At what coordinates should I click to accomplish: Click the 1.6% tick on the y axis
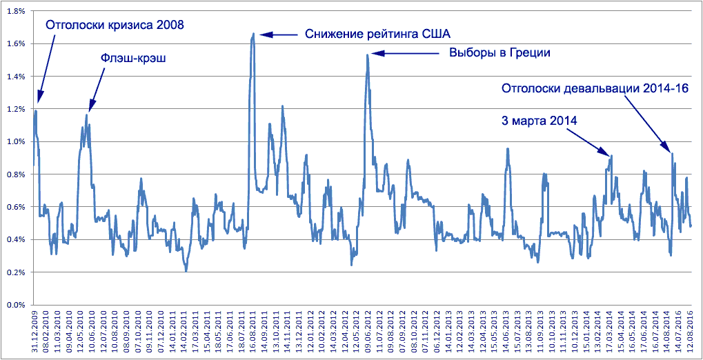[16, 43]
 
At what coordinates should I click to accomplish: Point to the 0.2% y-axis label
[16, 272]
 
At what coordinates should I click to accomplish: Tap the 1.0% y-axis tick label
[16, 141]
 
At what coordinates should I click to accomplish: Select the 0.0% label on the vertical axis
[16, 305]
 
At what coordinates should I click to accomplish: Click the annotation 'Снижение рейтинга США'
[377, 33]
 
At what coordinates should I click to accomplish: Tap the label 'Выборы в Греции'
[499, 52]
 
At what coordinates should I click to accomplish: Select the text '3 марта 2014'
[539, 120]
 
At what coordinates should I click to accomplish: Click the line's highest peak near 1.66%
[253, 33]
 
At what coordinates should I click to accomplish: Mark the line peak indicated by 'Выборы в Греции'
[367, 54]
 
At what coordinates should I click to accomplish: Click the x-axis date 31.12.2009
[34, 332]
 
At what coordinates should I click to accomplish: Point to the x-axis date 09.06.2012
[367, 332]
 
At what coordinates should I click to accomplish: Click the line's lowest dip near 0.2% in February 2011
[186, 271]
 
